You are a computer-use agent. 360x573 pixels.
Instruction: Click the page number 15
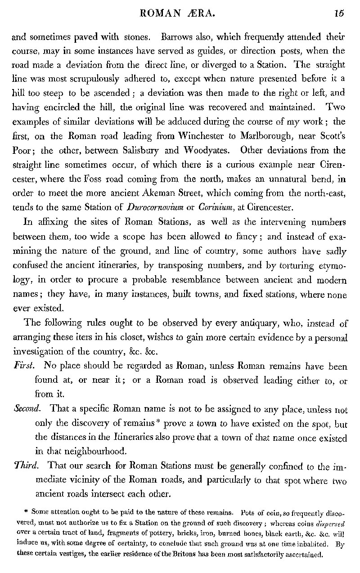(x=339, y=13)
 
